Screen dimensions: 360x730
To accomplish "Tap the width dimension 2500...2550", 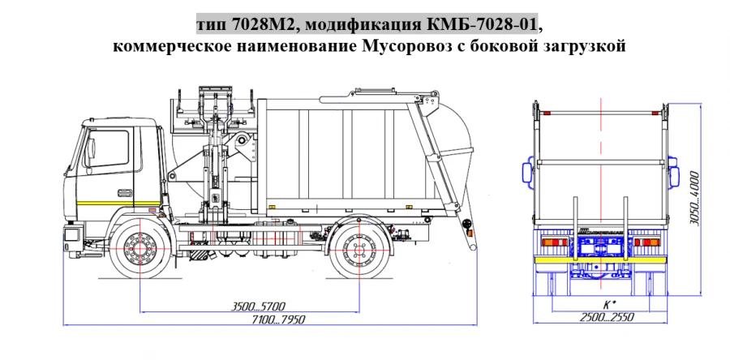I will point(601,317).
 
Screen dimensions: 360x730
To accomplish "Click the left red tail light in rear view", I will point(549,244).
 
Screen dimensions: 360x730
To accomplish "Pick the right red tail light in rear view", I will point(652,244).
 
